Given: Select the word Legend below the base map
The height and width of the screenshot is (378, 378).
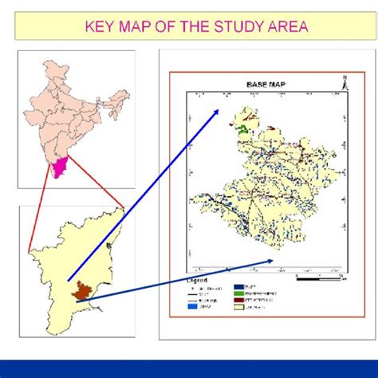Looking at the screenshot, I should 197,281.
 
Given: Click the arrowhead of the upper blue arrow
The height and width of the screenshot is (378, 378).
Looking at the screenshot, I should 219,112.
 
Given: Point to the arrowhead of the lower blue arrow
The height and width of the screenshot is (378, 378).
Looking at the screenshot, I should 274,261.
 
